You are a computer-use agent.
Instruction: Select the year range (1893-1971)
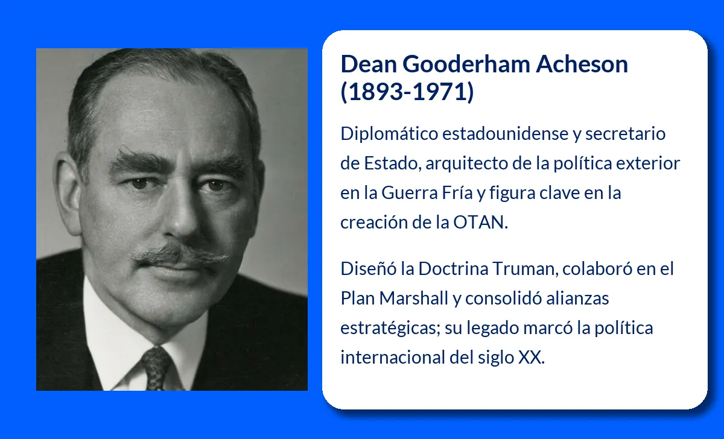tap(407, 93)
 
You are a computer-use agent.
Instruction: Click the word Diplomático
tap(389, 133)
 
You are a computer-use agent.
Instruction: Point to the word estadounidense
tap(504, 133)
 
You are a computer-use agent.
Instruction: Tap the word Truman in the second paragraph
tap(521, 268)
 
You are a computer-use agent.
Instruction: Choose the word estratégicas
tap(389, 328)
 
